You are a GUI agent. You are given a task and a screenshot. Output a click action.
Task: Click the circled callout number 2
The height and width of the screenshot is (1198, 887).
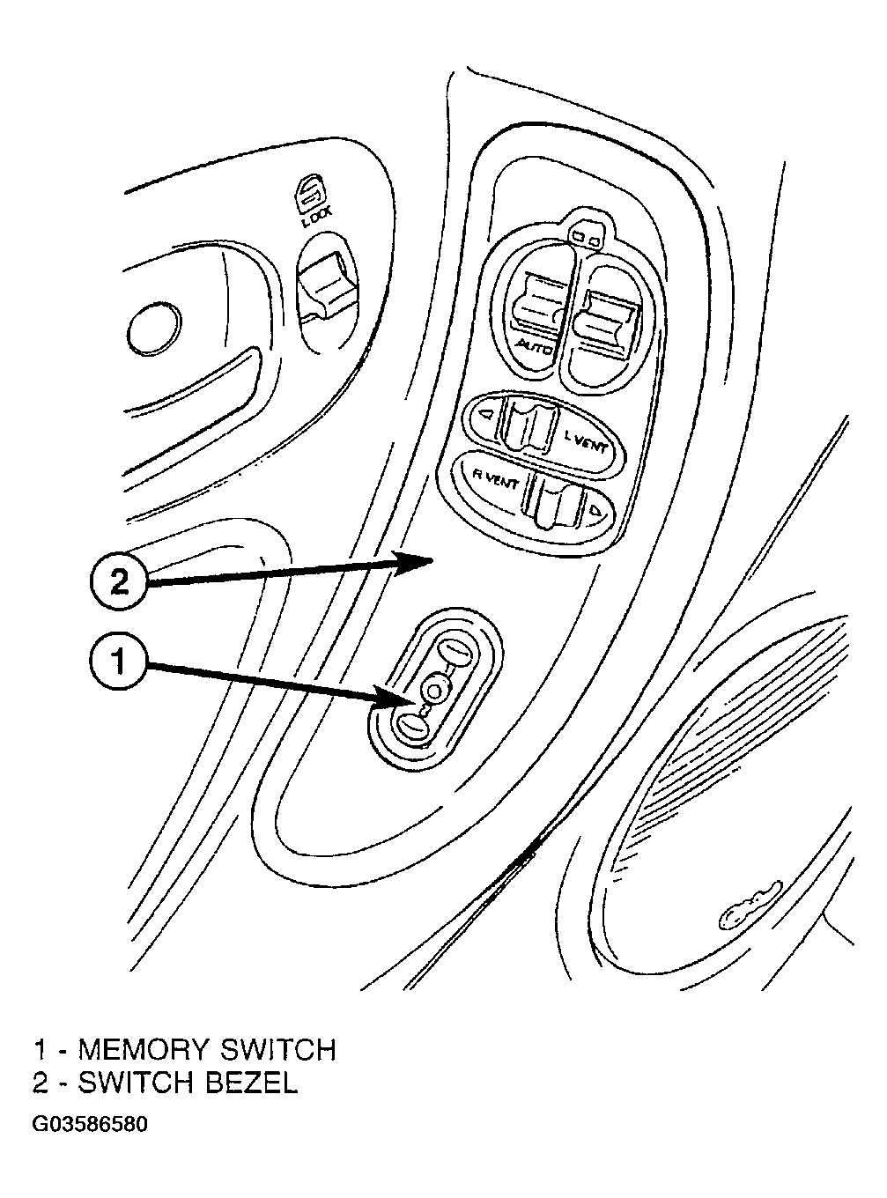pos(118,582)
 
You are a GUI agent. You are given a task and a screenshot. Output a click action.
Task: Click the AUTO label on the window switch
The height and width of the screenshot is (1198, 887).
pos(534,346)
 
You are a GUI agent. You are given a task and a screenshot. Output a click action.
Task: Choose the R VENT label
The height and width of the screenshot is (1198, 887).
pos(495,478)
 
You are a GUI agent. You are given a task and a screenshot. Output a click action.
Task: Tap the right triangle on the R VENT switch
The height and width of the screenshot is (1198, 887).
pos(596,509)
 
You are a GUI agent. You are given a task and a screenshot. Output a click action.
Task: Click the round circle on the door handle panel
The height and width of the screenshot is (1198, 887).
pos(155,329)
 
